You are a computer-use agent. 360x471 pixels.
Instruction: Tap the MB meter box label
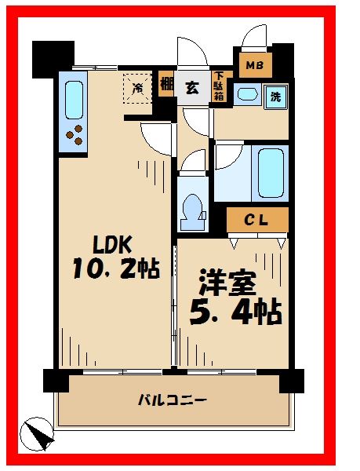(x=255, y=65)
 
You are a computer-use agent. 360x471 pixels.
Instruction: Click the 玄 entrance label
(x=192, y=88)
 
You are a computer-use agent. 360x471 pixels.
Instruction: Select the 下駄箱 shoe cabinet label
(x=219, y=89)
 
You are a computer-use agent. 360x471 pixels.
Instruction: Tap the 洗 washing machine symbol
(x=275, y=98)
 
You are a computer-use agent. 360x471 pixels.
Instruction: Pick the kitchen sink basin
(x=75, y=99)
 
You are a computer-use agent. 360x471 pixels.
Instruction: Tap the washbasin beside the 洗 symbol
(x=248, y=96)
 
